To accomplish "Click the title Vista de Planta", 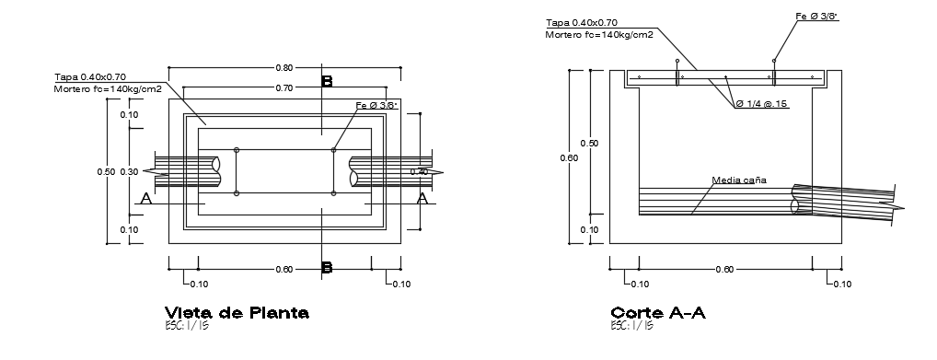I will (237, 312).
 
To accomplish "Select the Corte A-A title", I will (658, 312).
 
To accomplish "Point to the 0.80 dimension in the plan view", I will (284, 67).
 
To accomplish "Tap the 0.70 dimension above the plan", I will (284, 87).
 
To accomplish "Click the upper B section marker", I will (326, 82).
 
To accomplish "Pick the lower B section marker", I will (326, 268).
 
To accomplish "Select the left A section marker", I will (145, 198).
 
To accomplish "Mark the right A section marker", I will (422, 198).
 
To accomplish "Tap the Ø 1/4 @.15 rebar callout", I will (762, 105).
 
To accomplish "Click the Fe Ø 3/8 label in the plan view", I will (376, 107).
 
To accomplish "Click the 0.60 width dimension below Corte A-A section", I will (724, 269).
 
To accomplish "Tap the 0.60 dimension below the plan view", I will (284, 269).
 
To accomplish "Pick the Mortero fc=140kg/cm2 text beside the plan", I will (108, 88).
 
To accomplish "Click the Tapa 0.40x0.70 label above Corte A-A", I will (581, 22).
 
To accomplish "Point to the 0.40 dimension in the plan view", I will (419, 172).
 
